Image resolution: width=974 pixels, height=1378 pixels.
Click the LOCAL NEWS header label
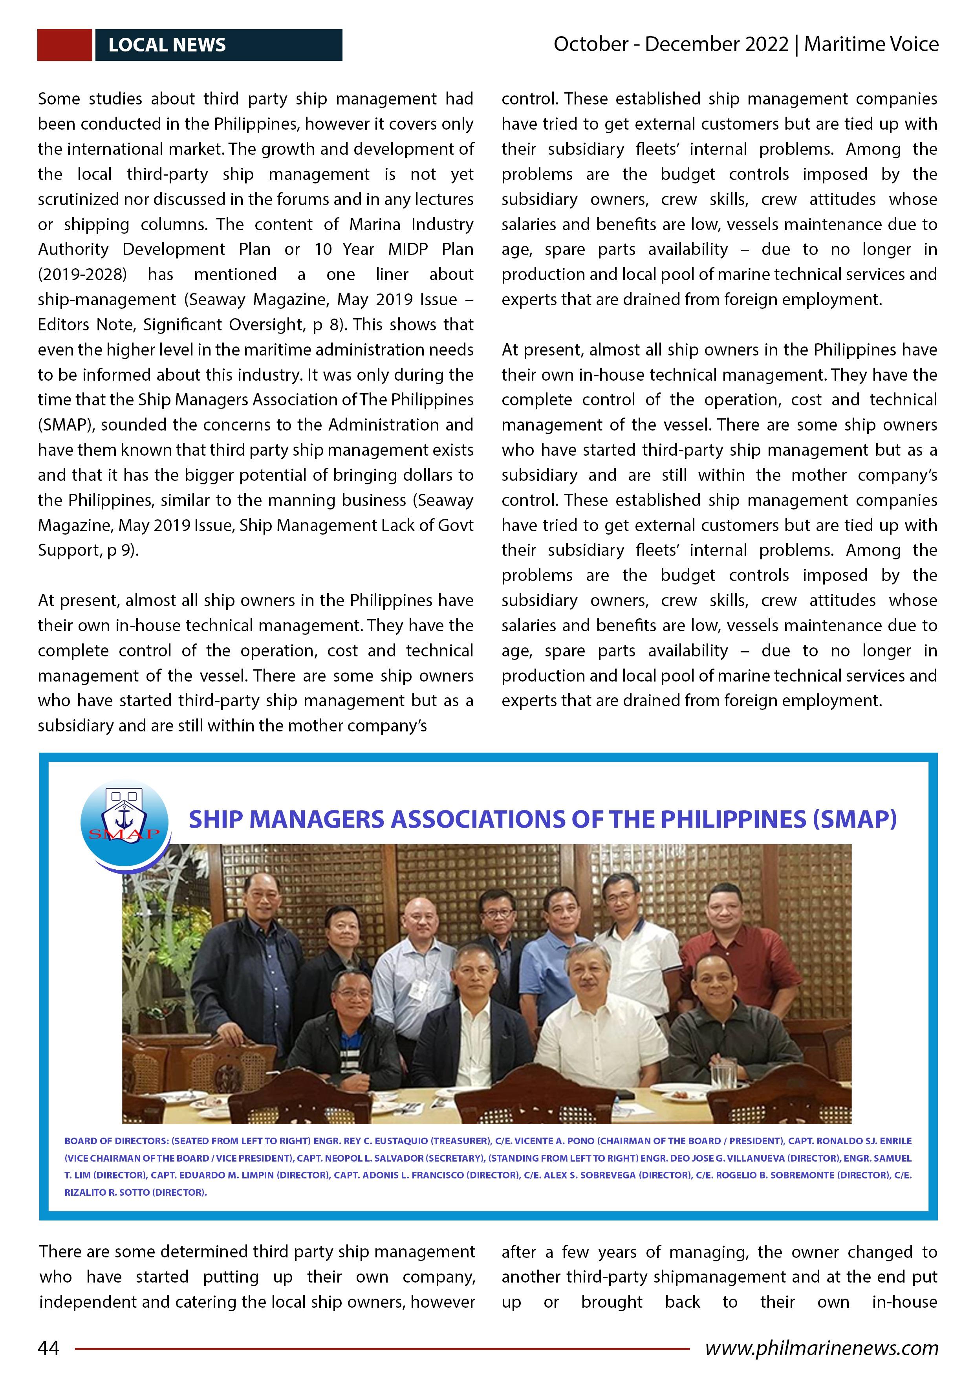coord(167,45)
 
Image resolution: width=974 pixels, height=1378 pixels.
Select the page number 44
coord(49,1348)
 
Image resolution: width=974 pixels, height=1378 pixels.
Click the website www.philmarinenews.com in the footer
coord(822,1348)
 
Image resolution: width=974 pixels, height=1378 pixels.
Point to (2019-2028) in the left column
coord(82,274)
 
